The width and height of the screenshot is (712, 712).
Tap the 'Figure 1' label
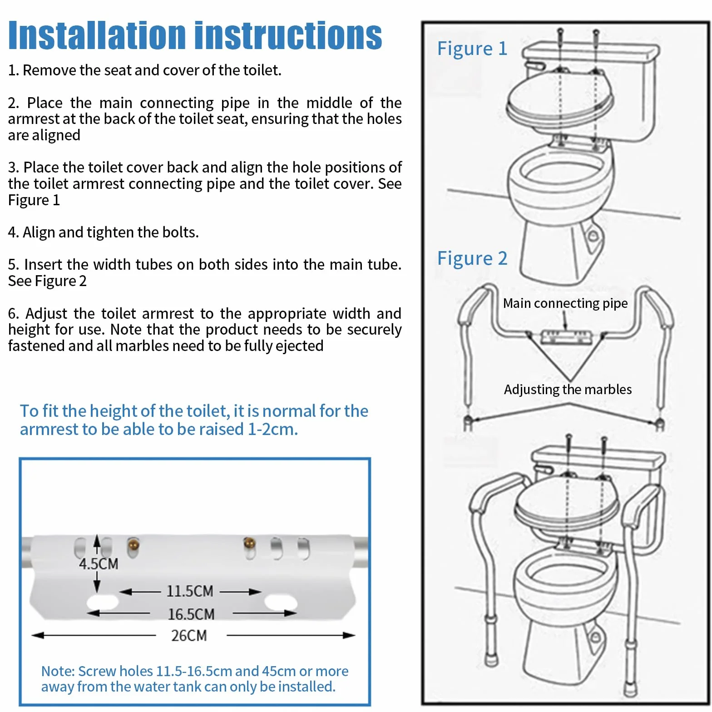click(472, 49)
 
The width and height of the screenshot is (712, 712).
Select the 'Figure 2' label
click(472, 258)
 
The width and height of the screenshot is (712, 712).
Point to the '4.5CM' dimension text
click(99, 564)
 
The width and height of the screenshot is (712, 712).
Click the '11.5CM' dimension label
click(190, 591)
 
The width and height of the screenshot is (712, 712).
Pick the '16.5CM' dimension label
click(191, 614)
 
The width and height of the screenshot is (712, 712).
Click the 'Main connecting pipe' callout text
click(565, 303)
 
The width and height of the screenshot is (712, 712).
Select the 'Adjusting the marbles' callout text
click(568, 390)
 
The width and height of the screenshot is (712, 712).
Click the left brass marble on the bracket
click(133, 544)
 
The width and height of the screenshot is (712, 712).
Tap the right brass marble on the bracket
click(249, 543)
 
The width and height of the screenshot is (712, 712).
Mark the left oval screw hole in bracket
click(102, 603)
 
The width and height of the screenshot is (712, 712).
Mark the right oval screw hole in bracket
click(280, 603)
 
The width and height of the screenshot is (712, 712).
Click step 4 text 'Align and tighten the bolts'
click(104, 232)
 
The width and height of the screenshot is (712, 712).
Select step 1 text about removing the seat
click(145, 70)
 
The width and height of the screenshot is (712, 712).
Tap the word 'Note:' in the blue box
click(58, 671)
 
